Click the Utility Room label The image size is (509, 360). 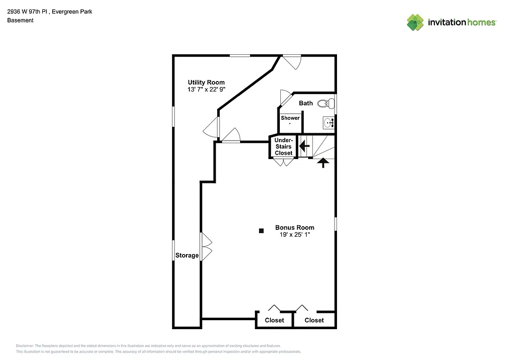(x=206, y=82)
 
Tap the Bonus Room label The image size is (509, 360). (x=294, y=227)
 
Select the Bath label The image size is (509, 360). (x=306, y=103)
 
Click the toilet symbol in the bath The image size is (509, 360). (x=326, y=103)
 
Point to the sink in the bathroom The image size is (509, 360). (x=329, y=122)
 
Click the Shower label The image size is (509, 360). (x=290, y=118)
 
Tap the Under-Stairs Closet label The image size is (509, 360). (x=284, y=147)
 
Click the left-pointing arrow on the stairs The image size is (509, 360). (x=304, y=146)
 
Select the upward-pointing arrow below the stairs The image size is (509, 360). (x=323, y=162)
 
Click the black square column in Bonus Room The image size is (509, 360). (x=261, y=230)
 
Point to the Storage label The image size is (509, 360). (x=187, y=256)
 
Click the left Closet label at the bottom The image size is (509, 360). (x=274, y=320)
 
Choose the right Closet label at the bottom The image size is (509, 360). (x=314, y=320)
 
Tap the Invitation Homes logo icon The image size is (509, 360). (x=415, y=22)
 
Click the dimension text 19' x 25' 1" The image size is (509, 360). (x=294, y=234)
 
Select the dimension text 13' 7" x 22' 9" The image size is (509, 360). (x=206, y=90)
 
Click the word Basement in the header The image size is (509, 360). (x=20, y=20)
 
